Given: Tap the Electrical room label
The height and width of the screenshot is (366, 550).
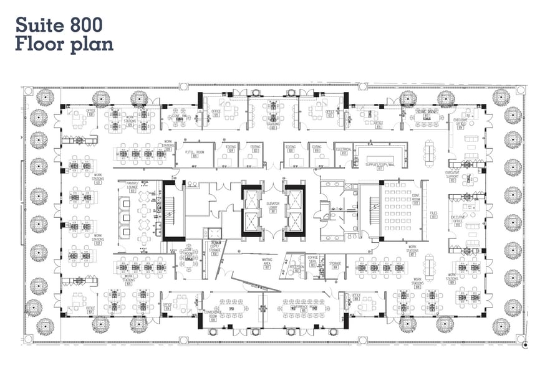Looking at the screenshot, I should (x=344, y=150).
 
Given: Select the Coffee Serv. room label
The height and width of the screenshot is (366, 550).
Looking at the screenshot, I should (x=313, y=262).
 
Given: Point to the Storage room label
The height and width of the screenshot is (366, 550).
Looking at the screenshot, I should (x=334, y=265).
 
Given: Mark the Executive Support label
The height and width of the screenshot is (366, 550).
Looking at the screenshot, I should (x=452, y=176).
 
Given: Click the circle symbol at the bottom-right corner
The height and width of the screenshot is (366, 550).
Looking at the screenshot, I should (x=526, y=343).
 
